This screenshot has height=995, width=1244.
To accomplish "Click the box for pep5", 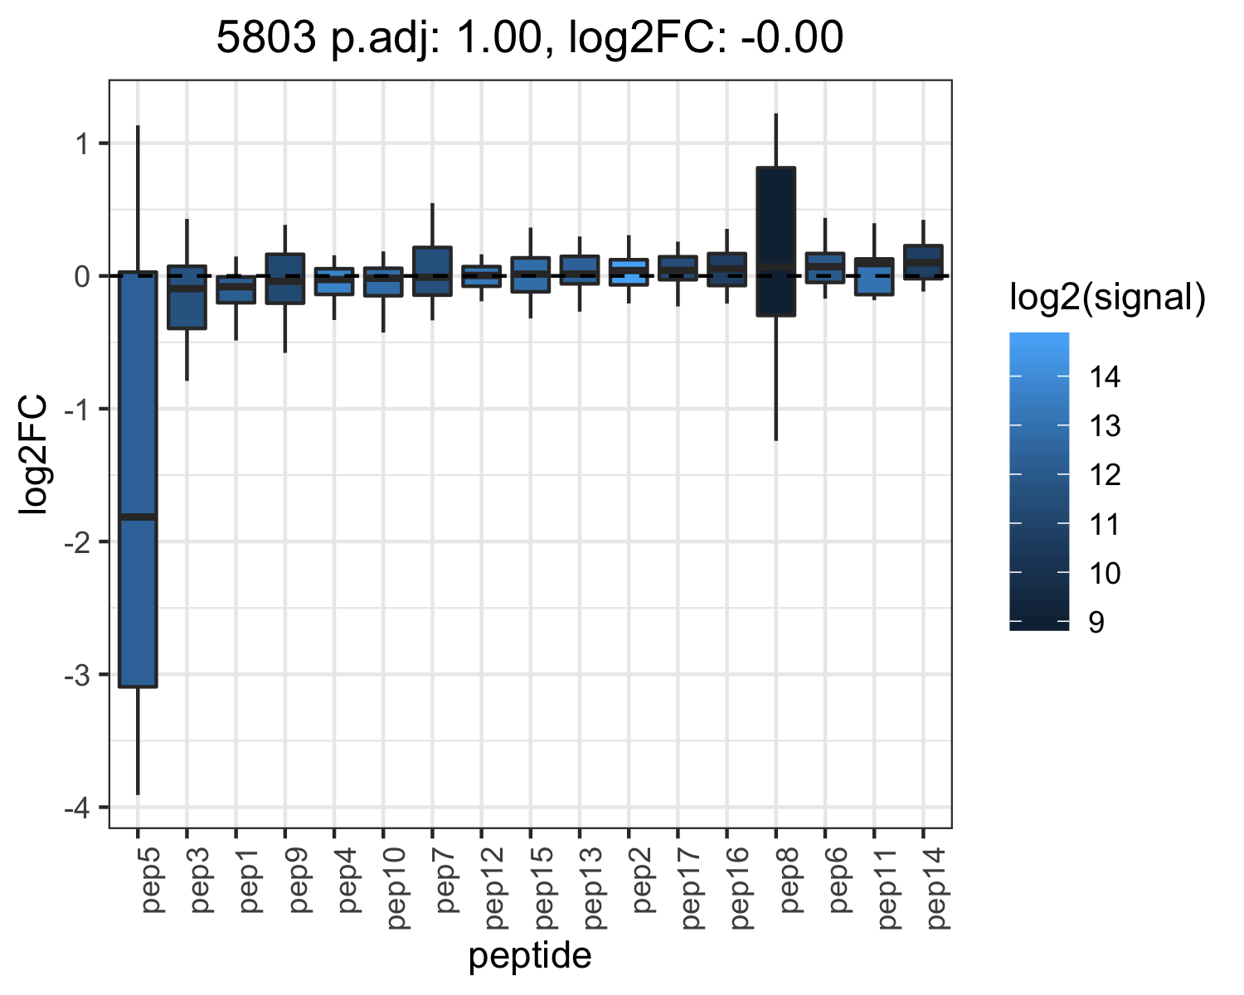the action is (x=138, y=478).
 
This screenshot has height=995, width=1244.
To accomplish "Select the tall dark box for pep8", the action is (x=775, y=241).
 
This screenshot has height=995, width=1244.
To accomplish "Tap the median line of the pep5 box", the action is (x=138, y=517).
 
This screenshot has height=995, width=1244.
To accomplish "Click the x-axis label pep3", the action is (x=201, y=880).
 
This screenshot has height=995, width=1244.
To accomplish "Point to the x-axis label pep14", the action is (x=937, y=888).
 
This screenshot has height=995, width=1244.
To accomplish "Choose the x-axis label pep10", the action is (x=397, y=888).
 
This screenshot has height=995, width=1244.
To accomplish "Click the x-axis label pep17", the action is (x=692, y=888).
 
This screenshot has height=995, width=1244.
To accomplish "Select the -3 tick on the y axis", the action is (x=77, y=675).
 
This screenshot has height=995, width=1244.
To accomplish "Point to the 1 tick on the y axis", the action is (x=83, y=143).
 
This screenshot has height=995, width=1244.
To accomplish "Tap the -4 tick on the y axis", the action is (x=77, y=808).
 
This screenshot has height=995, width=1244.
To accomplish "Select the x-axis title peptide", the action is (x=530, y=956).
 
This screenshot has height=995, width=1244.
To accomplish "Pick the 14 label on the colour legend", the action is (x=1105, y=377).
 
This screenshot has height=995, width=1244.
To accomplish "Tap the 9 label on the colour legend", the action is (x=1096, y=622).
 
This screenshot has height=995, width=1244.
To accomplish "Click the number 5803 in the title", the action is (x=266, y=37).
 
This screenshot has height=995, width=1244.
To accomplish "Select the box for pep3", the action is (x=187, y=297).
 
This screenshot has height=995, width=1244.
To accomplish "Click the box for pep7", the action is (x=432, y=271).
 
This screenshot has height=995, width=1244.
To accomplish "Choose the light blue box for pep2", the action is (x=629, y=272).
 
